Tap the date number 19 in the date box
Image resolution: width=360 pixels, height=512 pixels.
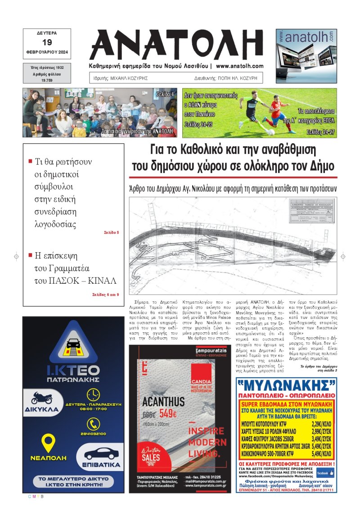(47, 43)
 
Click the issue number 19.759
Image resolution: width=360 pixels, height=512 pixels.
(47, 80)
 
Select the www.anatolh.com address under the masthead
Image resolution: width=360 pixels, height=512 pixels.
(239, 66)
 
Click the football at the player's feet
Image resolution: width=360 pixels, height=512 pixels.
(270, 132)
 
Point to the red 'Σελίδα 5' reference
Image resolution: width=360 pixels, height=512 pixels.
(111, 232)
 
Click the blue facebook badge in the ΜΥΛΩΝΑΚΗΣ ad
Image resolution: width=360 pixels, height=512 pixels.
(325, 473)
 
